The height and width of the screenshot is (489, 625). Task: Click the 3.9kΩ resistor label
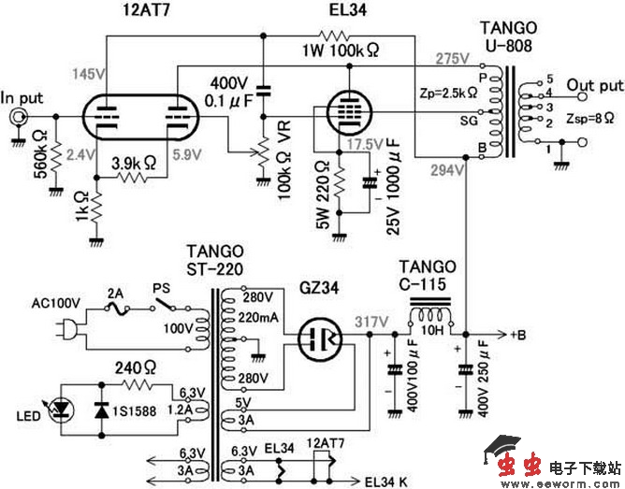coord(135,162)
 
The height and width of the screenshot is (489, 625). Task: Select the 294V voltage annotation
coord(450,170)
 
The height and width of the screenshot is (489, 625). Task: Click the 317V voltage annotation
coord(371,321)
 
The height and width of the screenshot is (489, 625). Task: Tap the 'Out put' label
coord(595,84)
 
